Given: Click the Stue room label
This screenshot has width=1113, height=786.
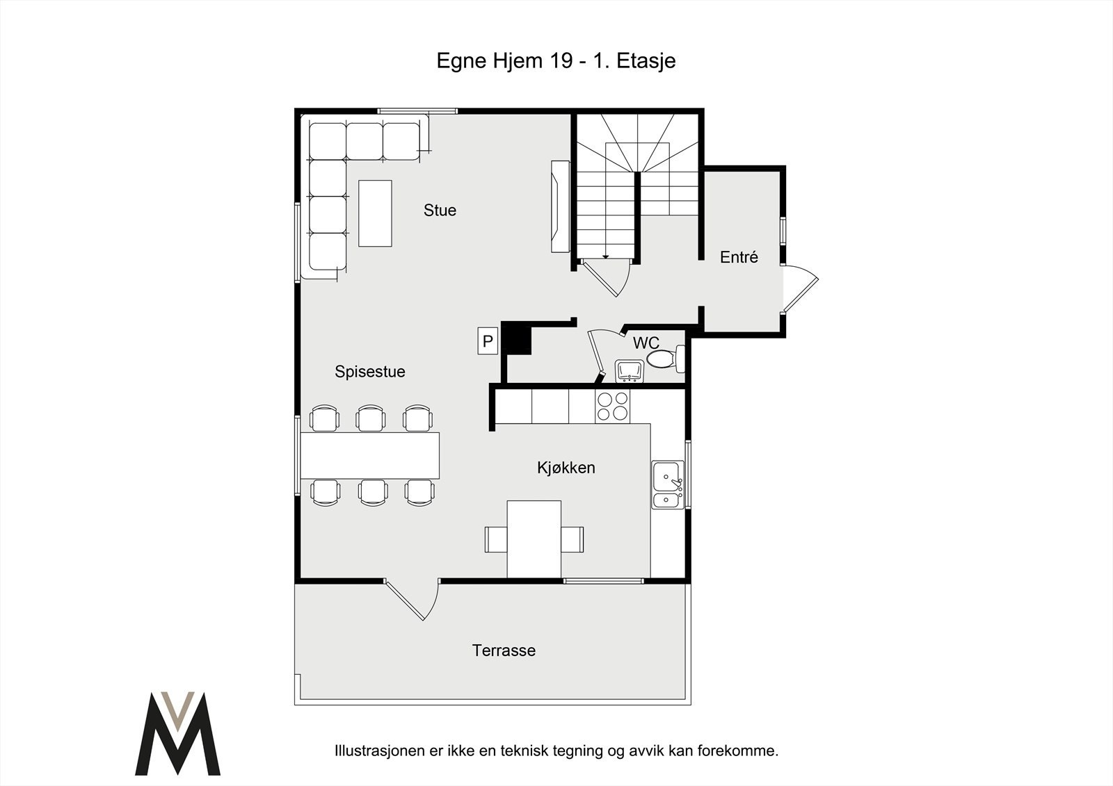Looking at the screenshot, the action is pyautogui.click(x=440, y=211).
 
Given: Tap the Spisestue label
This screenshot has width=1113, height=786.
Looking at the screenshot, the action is pyautogui.click(x=369, y=371).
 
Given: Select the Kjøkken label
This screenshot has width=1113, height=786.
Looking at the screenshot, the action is pyautogui.click(x=566, y=468).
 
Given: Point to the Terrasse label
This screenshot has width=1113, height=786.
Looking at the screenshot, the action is pyautogui.click(x=504, y=650).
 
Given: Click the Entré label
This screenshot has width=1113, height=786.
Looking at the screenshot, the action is pyautogui.click(x=739, y=256).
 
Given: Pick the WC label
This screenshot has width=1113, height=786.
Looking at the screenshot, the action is pyautogui.click(x=646, y=343).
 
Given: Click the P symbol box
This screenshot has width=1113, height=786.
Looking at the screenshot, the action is pyautogui.click(x=488, y=341).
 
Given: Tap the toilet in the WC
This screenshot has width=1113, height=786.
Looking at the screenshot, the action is pyautogui.click(x=666, y=359).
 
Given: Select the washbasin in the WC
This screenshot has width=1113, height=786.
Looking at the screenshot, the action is pyautogui.click(x=629, y=371).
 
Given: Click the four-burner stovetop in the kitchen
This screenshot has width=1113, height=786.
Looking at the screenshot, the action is pyautogui.click(x=612, y=406).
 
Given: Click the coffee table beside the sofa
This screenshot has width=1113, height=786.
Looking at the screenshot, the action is pyautogui.click(x=375, y=213).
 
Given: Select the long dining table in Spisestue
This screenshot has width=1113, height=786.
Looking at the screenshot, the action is pyautogui.click(x=369, y=456).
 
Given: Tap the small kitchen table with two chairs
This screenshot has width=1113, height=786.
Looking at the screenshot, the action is pyautogui.click(x=534, y=539).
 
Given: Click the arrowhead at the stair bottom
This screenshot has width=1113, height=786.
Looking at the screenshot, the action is pyautogui.click(x=606, y=256).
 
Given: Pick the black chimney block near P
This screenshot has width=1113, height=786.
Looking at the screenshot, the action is pyautogui.click(x=516, y=338).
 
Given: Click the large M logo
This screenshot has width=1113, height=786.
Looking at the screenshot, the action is pyautogui.click(x=178, y=733).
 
